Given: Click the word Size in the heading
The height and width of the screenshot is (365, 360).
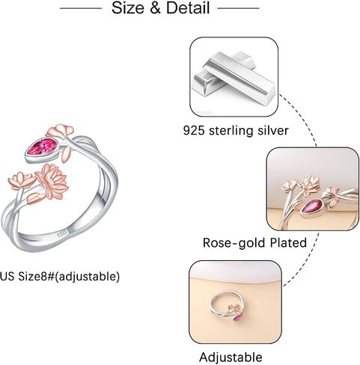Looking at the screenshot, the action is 128,8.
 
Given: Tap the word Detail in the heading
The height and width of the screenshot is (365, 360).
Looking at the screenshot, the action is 188,8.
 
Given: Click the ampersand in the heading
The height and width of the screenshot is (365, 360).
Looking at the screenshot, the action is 155,8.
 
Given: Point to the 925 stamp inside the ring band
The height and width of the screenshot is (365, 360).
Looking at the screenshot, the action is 62,234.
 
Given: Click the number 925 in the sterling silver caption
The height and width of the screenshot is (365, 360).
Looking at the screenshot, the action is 194,130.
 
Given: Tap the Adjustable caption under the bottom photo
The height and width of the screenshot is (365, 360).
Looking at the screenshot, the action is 231,358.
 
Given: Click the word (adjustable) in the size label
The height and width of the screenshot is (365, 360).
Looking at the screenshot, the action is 87,277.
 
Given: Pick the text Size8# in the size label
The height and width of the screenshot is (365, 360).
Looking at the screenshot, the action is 36,276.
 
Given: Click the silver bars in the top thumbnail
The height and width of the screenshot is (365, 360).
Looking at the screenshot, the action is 235,77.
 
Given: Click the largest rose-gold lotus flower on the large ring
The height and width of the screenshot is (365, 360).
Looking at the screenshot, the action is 52,181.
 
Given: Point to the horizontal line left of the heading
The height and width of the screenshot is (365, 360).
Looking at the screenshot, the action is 81,8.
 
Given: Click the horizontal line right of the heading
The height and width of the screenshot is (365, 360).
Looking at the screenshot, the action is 238,8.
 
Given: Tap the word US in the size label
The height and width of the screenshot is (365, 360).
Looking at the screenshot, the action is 7,276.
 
